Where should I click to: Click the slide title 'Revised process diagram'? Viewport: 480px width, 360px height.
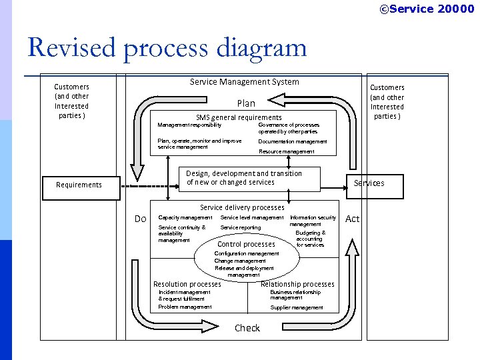coord(167,48)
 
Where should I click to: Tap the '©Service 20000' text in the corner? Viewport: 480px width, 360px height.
coord(427,9)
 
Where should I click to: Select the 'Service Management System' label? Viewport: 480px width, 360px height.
coord(244,82)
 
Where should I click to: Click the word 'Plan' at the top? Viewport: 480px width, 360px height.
coord(246,103)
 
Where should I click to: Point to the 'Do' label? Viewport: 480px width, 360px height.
coord(140,219)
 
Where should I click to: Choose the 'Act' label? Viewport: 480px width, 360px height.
coord(353,219)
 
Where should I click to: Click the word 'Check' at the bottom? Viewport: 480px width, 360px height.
coord(247,328)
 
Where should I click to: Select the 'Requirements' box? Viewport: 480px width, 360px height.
coord(79,185)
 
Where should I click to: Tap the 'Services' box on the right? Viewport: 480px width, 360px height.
coord(369,184)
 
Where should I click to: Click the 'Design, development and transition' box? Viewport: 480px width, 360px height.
coord(244,178)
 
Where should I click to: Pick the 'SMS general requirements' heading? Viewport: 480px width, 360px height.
coord(239,117)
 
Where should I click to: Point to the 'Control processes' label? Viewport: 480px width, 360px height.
coord(246,244)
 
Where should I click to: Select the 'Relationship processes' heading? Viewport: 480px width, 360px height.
coord(297,284)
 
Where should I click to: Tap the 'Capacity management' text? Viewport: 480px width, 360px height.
coord(185,218)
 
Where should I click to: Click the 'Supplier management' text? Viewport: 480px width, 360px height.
coord(297,307)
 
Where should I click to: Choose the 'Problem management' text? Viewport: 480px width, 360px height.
coord(185,307)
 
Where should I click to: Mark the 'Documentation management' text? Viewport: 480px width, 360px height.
coord(293,141)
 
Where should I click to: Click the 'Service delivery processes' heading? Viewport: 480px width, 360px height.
coord(242,207)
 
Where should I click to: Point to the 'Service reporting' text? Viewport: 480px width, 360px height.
coord(241,228)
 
